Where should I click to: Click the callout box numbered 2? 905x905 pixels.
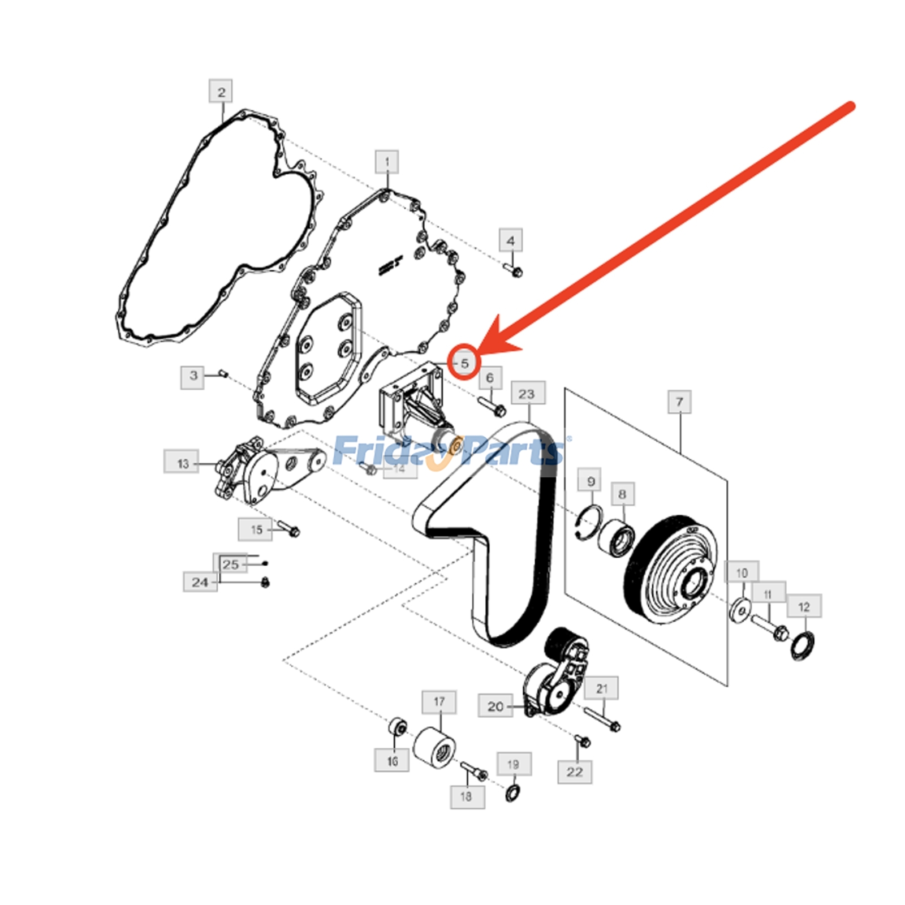pos(221,92)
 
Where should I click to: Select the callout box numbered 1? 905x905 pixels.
pos(387,162)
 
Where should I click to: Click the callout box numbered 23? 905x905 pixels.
pos(527,393)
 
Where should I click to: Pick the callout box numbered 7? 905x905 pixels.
pos(679,402)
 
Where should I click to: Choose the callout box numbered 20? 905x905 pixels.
pos(495,706)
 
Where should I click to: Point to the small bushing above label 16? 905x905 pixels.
pos(398,726)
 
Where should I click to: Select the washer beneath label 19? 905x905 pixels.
pos(513,794)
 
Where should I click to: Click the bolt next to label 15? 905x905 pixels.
pos(288,531)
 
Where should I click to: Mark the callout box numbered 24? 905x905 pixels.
pos(200,582)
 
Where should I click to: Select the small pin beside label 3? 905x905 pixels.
pos(223,373)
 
